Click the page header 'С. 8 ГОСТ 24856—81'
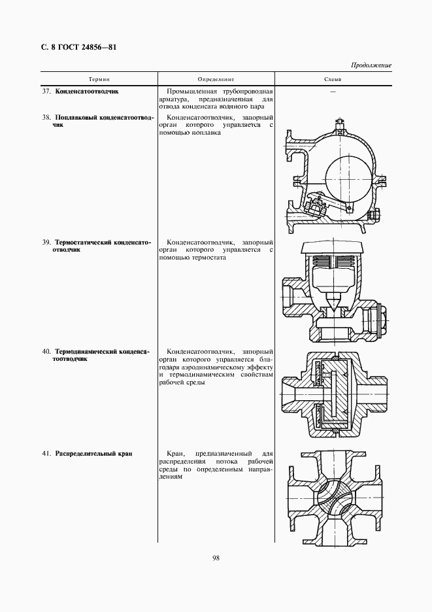pyautogui.click(x=74, y=47)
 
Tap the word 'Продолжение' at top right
pyautogui.click(x=371, y=66)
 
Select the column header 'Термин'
pyautogui.click(x=100, y=79)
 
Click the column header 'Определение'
pyautogui.click(x=215, y=79)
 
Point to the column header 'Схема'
pyautogui.click(x=332, y=79)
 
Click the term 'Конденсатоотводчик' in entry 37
pyautogui.click(x=87, y=92)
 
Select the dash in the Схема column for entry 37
pyautogui.click(x=332, y=92)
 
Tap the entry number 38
pyautogui.click(x=46, y=118)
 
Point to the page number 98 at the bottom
pyautogui.click(x=216, y=558)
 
